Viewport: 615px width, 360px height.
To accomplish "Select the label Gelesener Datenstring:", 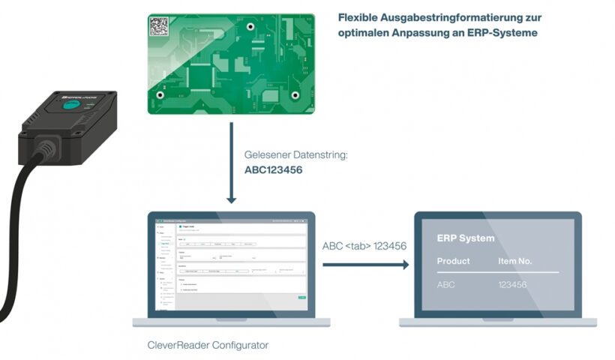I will [x=296, y=155].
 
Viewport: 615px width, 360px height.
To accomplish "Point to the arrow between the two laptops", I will [x=366, y=264].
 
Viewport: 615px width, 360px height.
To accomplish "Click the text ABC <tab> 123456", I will [x=364, y=246].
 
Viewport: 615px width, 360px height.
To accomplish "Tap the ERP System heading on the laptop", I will [x=466, y=238].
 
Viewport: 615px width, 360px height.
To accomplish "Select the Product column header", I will [x=454, y=261].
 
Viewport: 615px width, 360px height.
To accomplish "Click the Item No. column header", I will [x=514, y=261].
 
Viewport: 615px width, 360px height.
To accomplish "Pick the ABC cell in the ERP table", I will [x=447, y=285].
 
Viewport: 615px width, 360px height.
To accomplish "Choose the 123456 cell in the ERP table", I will [x=512, y=285].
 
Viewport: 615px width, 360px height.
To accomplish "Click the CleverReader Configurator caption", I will [x=208, y=346].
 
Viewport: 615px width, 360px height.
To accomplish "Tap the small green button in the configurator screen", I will [x=301, y=298].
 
